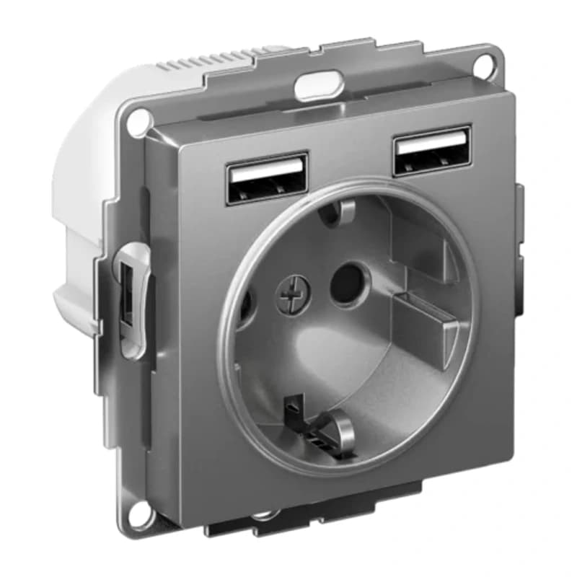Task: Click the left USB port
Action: tap(267, 178)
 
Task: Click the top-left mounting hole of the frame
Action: tap(134, 123)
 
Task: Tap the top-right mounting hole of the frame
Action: tap(493, 63)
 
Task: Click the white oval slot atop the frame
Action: tap(317, 84)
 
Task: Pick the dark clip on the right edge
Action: tap(519, 252)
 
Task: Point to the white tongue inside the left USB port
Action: tap(265, 172)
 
